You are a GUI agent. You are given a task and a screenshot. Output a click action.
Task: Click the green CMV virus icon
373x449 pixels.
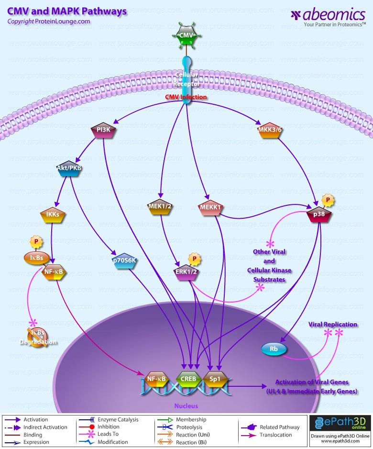click(x=186, y=36)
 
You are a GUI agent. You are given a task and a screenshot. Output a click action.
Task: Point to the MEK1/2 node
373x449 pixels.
click(x=160, y=207)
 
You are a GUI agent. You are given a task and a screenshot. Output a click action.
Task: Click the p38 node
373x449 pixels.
click(x=319, y=215)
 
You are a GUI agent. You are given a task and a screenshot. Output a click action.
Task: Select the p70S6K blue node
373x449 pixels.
click(x=124, y=260)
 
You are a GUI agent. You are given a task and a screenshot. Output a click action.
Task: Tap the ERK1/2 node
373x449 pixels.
click(x=186, y=271)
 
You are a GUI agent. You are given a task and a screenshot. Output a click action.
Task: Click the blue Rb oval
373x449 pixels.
click(x=274, y=349)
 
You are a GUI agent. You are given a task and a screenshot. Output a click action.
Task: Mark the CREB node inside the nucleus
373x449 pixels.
click(x=188, y=380)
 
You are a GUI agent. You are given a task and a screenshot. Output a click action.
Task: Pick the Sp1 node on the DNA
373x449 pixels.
click(x=215, y=379)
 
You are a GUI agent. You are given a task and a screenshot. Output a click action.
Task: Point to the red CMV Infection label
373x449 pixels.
click(x=186, y=97)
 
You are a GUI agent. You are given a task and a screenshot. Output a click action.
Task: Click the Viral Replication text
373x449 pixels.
click(x=332, y=324)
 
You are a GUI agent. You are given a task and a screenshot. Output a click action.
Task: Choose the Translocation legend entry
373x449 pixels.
click(x=275, y=435)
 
